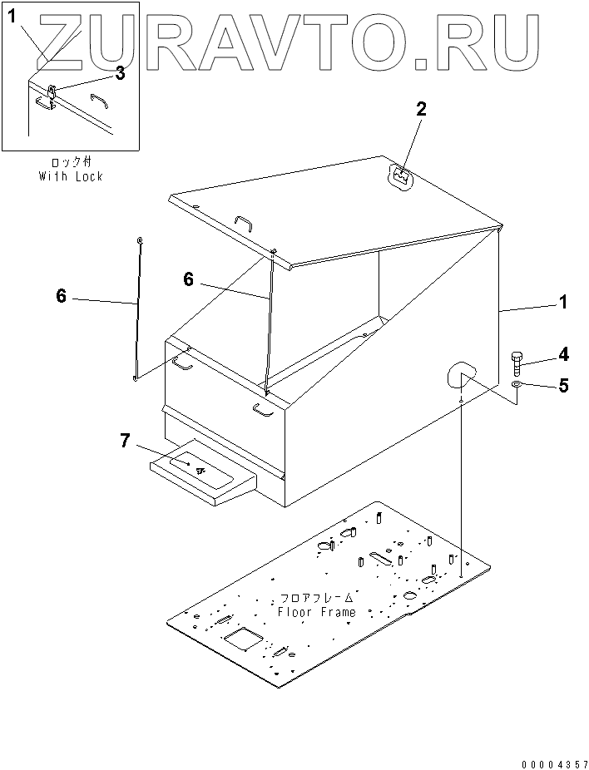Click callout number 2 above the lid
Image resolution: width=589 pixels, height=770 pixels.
point(421,110)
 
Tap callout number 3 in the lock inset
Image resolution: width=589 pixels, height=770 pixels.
point(119,74)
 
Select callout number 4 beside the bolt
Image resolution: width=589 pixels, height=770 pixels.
point(562,354)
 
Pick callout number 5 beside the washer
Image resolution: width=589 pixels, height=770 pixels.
point(563,386)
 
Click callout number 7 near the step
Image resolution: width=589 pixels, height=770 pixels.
point(126,441)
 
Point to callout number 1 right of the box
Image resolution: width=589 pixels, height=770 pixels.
point(563,302)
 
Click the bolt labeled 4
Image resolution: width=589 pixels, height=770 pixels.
point(517,364)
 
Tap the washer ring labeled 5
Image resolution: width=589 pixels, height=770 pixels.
point(517,384)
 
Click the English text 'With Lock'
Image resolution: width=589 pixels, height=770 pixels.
point(71,176)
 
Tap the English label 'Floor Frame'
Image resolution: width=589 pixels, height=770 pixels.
point(316,612)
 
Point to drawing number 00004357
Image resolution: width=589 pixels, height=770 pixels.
point(555,764)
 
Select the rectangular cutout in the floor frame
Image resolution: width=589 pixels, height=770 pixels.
point(244,638)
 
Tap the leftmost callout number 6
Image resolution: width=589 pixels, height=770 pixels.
point(61,296)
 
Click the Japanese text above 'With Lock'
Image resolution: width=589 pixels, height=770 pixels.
point(71,162)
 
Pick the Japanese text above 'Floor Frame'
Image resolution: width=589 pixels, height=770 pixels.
point(316,598)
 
